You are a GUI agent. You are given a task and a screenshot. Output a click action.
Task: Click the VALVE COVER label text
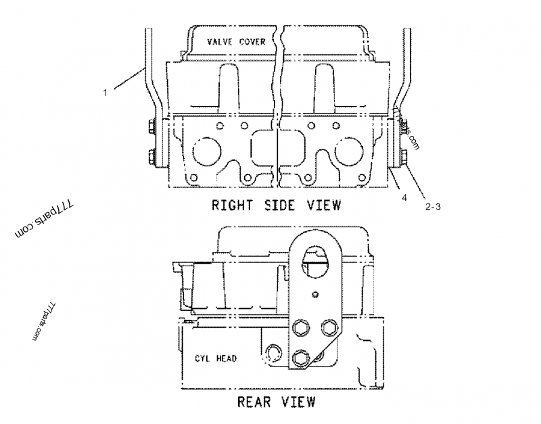click(x=237, y=41)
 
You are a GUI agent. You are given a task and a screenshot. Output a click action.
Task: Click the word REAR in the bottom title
click(x=254, y=402)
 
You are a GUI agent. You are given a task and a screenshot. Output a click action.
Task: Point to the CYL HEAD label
click(x=215, y=358)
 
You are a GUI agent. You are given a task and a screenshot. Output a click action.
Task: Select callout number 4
click(x=404, y=197)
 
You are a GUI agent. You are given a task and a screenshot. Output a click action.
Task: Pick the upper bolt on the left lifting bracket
click(x=149, y=127)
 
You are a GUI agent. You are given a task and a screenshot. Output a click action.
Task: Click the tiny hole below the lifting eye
click(x=315, y=294)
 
